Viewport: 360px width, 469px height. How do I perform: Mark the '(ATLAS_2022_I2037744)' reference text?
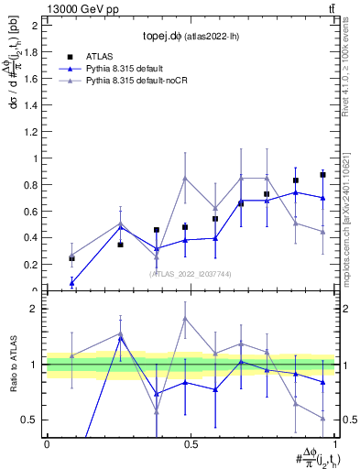(190, 274)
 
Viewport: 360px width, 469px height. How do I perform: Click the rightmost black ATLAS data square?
(322, 174)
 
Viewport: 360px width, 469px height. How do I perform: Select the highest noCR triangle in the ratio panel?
(185, 319)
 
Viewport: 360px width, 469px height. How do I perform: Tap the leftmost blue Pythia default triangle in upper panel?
(72, 282)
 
